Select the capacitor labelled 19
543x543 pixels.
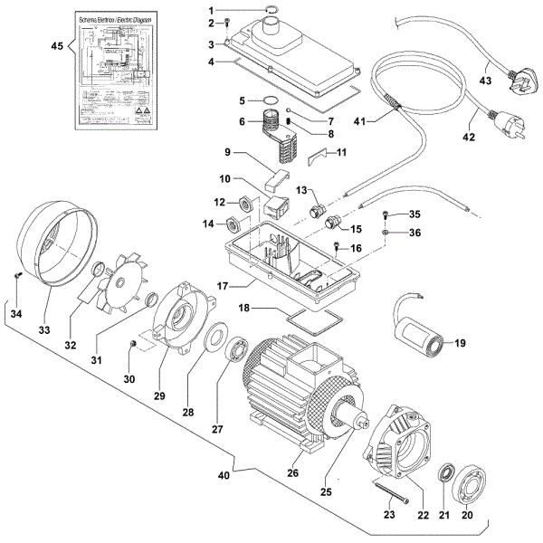(x=422, y=334)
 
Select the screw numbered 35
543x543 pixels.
(x=387, y=215)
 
